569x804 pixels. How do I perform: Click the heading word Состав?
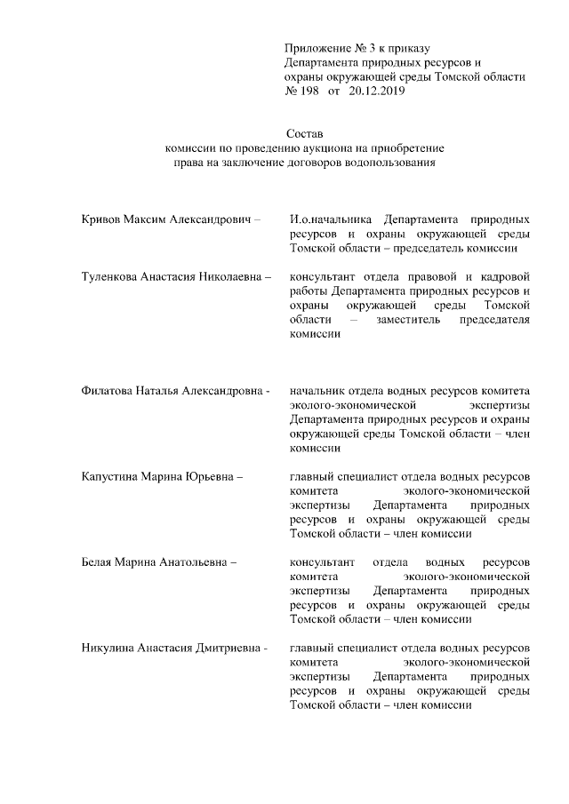pyautogui.click(x=307, y=133)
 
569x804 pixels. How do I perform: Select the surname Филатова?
pyautogui.click(x=107, y=391)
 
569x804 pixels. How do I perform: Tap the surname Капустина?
pyautogui.click(x=110, y=476)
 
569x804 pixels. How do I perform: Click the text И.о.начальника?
pyautogui.click(x=331, y=219)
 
